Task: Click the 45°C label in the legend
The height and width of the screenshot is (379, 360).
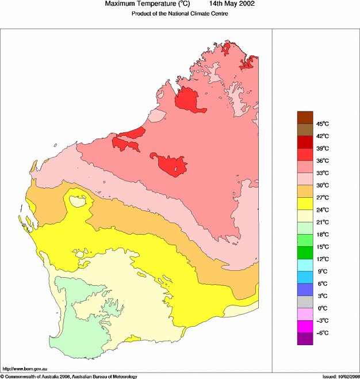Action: point(322,124)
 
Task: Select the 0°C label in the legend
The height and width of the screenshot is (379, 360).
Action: point(322,308)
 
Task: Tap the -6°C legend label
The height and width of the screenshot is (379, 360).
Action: point(322,332)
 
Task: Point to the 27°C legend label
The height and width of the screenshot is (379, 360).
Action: point(322,197)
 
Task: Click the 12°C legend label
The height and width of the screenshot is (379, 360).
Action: point(322,259)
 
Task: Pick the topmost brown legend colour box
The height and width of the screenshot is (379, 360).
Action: point(305,117)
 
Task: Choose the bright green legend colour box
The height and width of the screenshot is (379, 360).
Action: point(305,252)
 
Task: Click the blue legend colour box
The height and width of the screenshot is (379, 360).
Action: point(305,289)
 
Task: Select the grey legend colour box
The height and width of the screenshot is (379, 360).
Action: point(305,301)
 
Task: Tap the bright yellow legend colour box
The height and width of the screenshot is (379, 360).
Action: point(305,203)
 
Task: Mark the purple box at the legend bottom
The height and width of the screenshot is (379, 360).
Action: point(305,338)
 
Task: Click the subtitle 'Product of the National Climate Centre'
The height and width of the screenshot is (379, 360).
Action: point(180,14)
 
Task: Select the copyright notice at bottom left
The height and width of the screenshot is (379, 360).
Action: point(69,376)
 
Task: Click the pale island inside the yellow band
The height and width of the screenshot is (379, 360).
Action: point(78,201)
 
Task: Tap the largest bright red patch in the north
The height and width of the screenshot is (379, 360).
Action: point(188,100)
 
